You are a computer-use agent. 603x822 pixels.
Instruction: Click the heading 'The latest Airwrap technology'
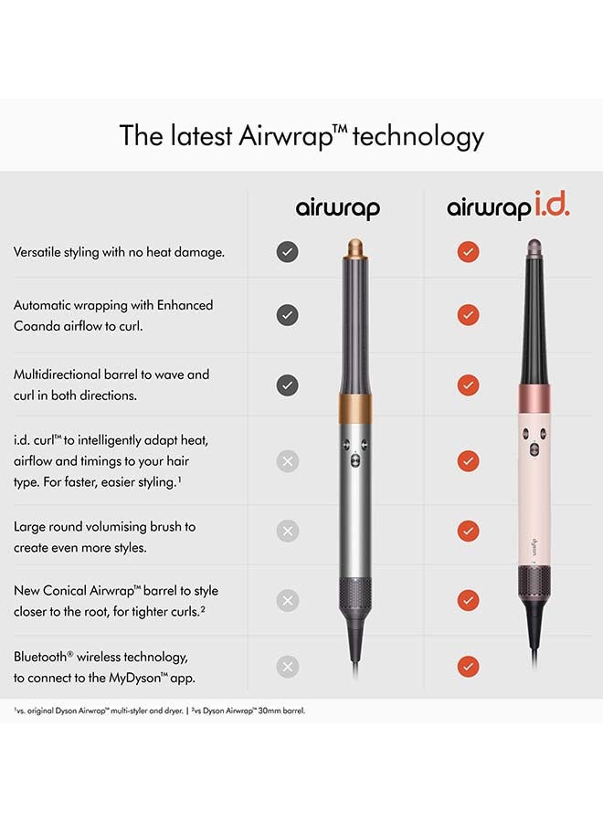click(x=301, y=136)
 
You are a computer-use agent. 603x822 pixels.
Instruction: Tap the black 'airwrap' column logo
click(x=337, y=208)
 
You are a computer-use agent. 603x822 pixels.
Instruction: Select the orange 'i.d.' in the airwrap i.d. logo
click(x=547, y=205)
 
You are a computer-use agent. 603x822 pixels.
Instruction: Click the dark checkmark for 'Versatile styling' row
click(x=287, y=252)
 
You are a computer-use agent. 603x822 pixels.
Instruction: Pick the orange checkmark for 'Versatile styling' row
click(x=468, y=252)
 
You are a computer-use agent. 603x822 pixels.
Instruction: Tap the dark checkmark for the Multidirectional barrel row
click(x=287, y=385)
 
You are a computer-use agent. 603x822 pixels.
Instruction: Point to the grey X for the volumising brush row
click(x=287, y=531)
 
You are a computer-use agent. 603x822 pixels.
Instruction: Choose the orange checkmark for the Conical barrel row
click(x=468, y=600)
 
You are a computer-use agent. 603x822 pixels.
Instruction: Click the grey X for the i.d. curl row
click(x=287, y=461)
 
